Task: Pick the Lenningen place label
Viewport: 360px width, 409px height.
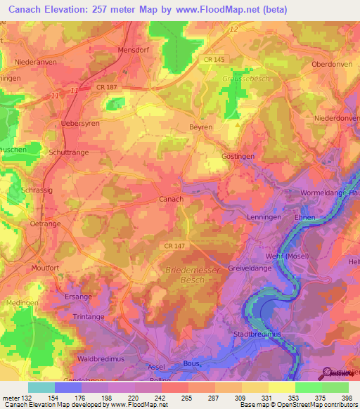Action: click(264, 218)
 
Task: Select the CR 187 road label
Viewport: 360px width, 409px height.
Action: click(98, 87)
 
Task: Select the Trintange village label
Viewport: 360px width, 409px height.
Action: click(88, 318)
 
